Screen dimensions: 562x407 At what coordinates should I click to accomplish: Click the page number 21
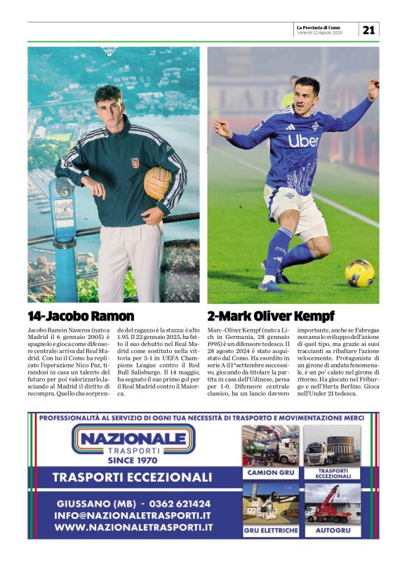coord(369,29)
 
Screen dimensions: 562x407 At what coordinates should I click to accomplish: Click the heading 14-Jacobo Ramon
coord(81,316)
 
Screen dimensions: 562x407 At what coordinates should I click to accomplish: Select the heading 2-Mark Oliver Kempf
coord(271,316)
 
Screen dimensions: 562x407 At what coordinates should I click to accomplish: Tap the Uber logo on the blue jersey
coord(303,140)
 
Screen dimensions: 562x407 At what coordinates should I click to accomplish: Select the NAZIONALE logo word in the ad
coord(133,440)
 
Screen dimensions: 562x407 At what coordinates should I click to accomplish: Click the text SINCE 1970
coord(133,461)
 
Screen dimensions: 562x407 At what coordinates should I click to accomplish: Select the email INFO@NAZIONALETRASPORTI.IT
coord(133,516)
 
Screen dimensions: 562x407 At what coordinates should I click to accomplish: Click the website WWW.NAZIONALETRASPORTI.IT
coord(133,528)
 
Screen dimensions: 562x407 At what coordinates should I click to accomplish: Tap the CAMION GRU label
coord(270,473)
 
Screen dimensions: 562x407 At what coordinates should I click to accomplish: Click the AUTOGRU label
coord(333,530)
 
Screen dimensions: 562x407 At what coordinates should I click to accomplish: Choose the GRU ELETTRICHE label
coord(270,530)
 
